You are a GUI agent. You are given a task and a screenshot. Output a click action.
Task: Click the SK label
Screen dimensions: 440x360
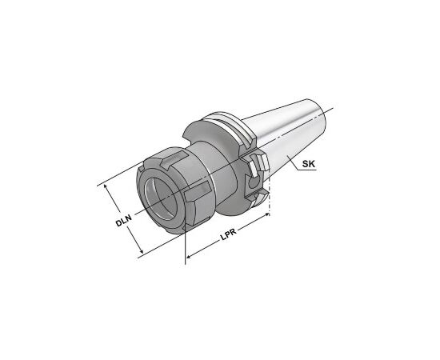[309, 164]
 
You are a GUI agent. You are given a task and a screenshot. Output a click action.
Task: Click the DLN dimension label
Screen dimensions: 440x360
[124, 220]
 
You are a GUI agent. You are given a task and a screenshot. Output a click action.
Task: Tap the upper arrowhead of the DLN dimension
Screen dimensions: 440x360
[106, 186]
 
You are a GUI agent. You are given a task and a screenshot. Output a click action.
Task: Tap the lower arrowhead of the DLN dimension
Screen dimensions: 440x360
[141, 250]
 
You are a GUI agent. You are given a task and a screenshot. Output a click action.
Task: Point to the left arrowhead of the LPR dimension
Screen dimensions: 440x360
[189, 256]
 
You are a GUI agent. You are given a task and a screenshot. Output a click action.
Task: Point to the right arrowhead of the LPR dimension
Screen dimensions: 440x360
[266, 215]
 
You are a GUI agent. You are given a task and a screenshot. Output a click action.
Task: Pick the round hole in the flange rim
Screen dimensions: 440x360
[254, 183]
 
